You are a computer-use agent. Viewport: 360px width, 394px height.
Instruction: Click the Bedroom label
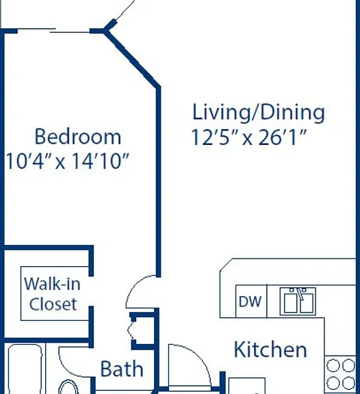click(78, 136)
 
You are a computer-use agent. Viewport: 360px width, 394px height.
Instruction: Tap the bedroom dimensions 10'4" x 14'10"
click(67, 161)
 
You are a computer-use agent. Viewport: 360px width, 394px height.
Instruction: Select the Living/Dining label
click(259, 112)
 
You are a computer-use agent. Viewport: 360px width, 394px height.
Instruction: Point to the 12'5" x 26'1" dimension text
click(249, 137)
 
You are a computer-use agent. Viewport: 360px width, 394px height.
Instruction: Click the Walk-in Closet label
click(53, 293)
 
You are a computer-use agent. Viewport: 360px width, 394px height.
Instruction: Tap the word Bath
click(122, 369)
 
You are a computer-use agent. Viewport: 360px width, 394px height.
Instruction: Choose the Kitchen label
click(270, 350)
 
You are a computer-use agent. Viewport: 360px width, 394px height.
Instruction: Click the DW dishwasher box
click(251, 301)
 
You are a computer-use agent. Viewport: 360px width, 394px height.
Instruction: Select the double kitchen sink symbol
click(298, 301)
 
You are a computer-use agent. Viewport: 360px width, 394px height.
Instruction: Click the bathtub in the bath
click(25, 369)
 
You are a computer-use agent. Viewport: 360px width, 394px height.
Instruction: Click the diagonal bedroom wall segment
click(132, 59)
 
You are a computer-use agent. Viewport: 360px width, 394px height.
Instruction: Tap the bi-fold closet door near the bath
click(131, 330)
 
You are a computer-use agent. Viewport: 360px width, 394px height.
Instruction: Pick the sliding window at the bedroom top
click(53, 31)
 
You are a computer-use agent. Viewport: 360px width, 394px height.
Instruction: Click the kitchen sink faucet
click(300, 293)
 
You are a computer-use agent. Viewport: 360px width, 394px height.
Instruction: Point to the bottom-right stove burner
click(348, 382)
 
